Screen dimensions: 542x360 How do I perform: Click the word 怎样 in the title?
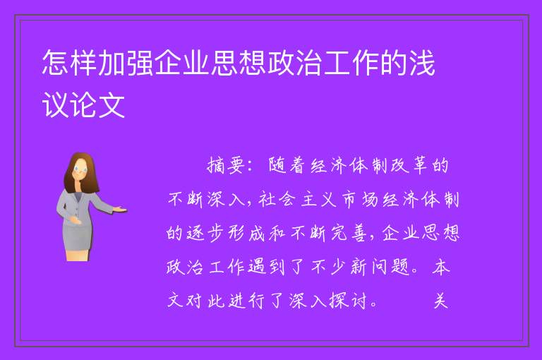tap(69, 63)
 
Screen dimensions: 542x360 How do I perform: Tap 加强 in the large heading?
tap(125, 63)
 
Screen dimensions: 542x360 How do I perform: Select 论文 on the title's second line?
tap(97, 105)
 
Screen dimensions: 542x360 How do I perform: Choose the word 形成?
tap(246, 234)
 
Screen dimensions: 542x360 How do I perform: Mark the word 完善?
tap(349, 234)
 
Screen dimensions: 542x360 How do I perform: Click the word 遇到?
tap(266, 268)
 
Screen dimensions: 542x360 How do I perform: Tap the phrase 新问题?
tap(380, 268)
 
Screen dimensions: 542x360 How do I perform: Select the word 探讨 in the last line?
tap(348, 301)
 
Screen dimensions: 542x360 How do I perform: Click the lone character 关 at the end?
tap(441, 301)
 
